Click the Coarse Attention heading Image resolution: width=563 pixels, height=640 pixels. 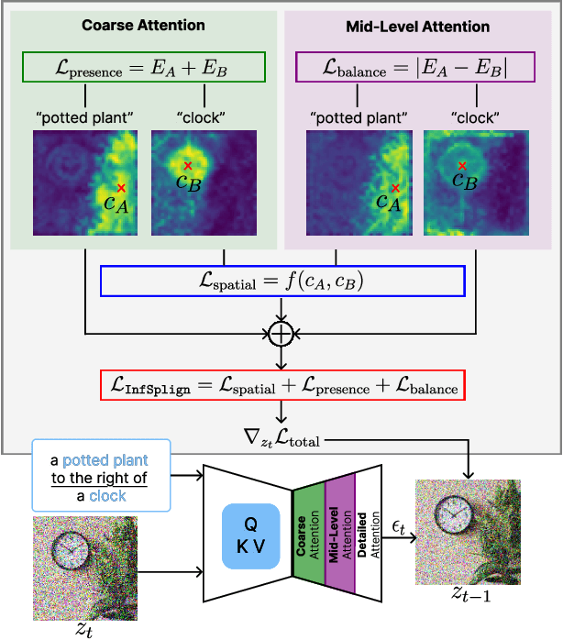click(x=143, y=27)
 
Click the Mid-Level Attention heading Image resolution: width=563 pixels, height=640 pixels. click(x=417, y=27)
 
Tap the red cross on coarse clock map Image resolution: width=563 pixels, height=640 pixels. click(x=188, y=165)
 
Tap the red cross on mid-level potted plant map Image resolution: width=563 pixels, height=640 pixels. click(x=395, y=188)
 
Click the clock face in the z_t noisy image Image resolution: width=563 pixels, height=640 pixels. click(x=70, y=550)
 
